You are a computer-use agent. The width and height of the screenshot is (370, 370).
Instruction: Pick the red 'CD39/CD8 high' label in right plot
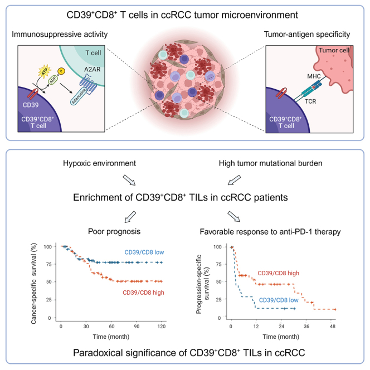click(281, 274)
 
